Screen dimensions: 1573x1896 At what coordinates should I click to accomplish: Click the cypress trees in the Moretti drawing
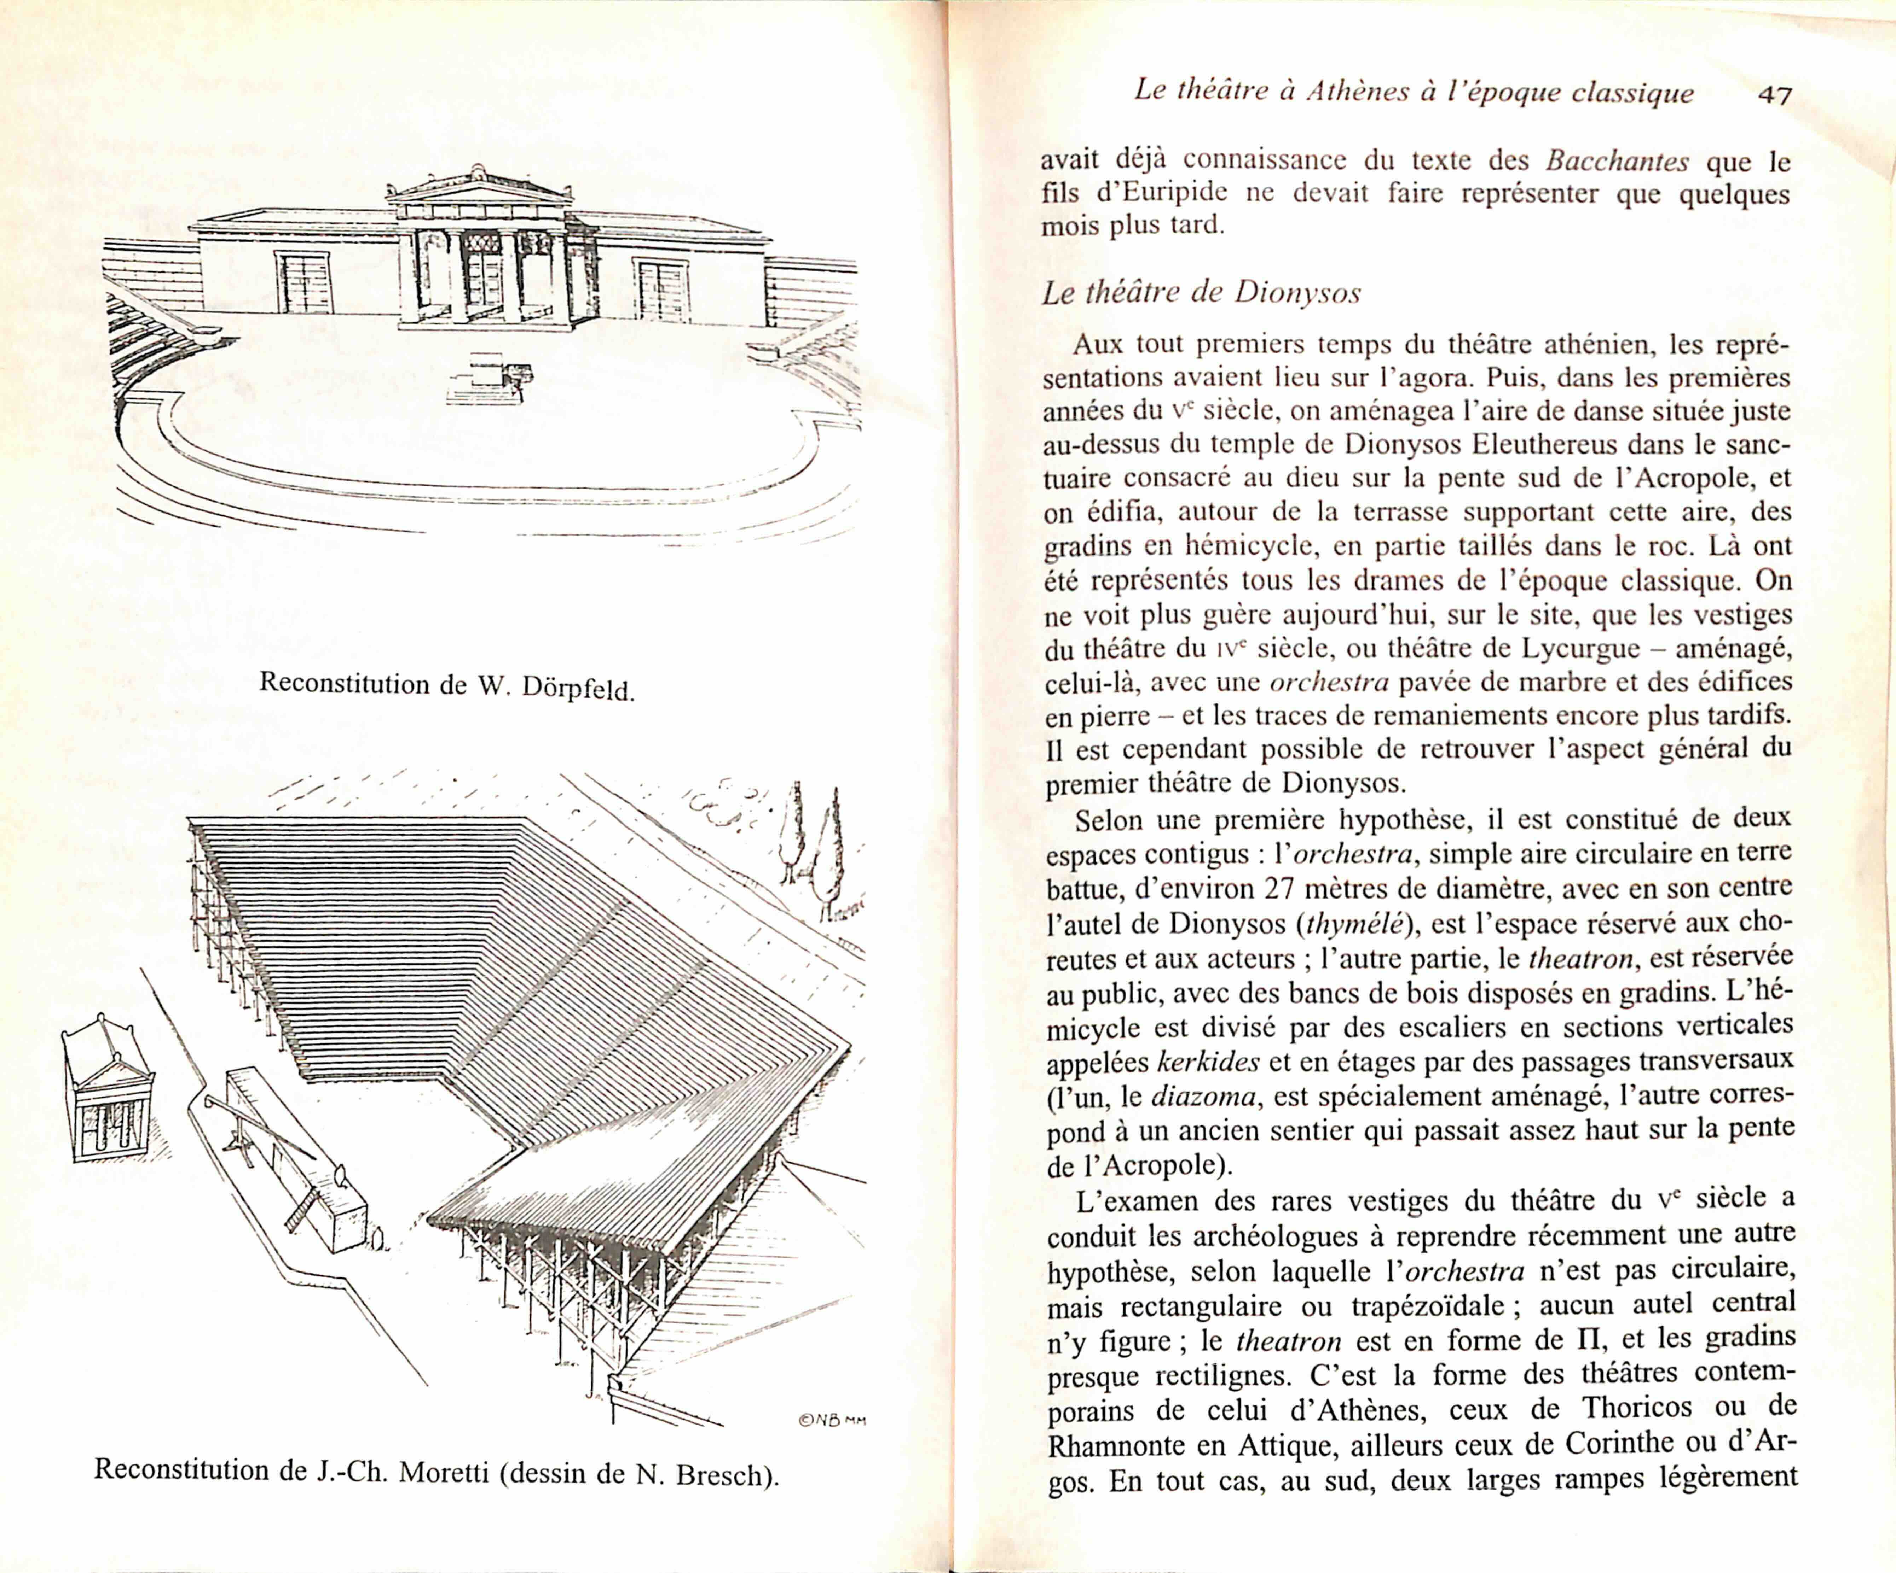tap(813, 844)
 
